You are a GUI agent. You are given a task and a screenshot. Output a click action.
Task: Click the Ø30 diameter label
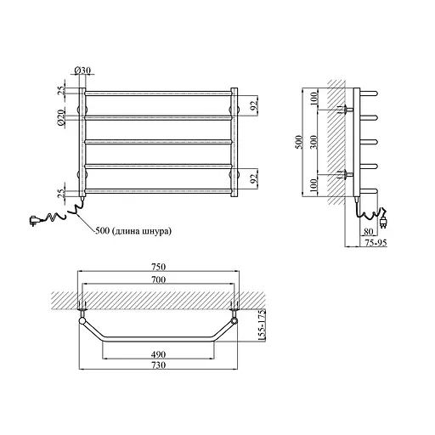[82, 70]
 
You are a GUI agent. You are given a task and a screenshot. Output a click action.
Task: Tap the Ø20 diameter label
[60, 118]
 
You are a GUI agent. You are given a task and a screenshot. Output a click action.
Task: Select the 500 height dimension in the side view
[300, 142]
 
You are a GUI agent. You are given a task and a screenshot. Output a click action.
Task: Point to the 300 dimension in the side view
[314, 142]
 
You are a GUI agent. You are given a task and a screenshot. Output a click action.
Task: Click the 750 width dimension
[158, 267]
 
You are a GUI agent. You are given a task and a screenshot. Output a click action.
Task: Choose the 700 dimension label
[158, 280]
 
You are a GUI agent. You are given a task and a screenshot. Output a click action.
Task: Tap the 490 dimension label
[158, 354]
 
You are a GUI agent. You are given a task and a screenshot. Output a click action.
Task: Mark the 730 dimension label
[158, 365]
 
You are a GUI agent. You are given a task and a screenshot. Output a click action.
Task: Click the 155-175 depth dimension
[262, 325]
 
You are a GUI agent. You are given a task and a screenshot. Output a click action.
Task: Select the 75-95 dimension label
[376, 243]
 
